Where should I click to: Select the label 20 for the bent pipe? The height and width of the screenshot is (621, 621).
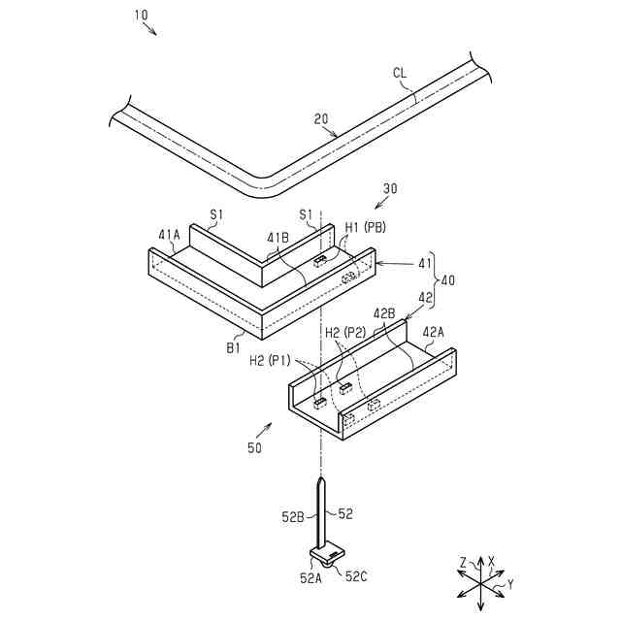click(321, 120)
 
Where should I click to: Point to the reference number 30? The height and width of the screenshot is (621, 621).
click(390, 189)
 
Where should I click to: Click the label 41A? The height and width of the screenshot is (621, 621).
click(169, 234)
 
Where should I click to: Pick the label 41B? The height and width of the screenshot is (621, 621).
click(278, 236)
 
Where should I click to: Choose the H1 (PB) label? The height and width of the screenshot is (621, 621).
click(365, 227)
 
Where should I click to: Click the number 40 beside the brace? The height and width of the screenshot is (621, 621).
click(447, 278)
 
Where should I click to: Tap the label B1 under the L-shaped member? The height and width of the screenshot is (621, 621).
click(234, 345)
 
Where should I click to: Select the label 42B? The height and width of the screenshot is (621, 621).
click(385, 313)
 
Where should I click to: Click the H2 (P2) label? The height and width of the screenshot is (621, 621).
click(345, 332)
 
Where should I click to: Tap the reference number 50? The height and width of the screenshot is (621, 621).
click(253, 448)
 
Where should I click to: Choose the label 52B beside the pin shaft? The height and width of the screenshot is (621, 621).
click(294, 517)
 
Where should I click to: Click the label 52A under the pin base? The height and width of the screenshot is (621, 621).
click(310, 578)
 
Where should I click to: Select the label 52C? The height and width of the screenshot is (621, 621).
click(356, 576)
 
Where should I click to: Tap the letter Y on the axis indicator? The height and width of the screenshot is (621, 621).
click(510, 584)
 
